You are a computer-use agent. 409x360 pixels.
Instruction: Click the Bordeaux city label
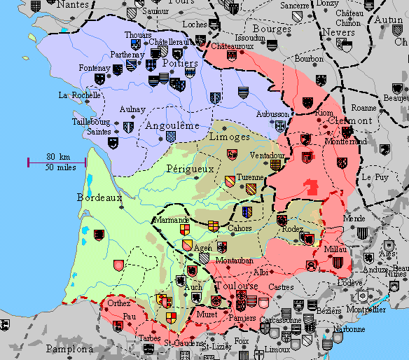(99, 198)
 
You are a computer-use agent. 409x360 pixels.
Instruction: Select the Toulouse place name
(236, 286)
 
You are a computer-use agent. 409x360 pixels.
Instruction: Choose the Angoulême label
(172, 125)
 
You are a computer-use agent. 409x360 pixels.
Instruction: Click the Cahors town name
(240, 228)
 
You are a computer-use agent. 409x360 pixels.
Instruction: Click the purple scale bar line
(56, 162)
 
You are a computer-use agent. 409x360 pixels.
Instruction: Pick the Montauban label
(235, 261)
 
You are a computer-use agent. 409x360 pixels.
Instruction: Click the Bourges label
(271, 29)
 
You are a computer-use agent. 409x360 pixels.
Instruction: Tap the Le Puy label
(375, 178)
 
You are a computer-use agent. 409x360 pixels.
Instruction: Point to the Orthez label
(119, 304)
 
